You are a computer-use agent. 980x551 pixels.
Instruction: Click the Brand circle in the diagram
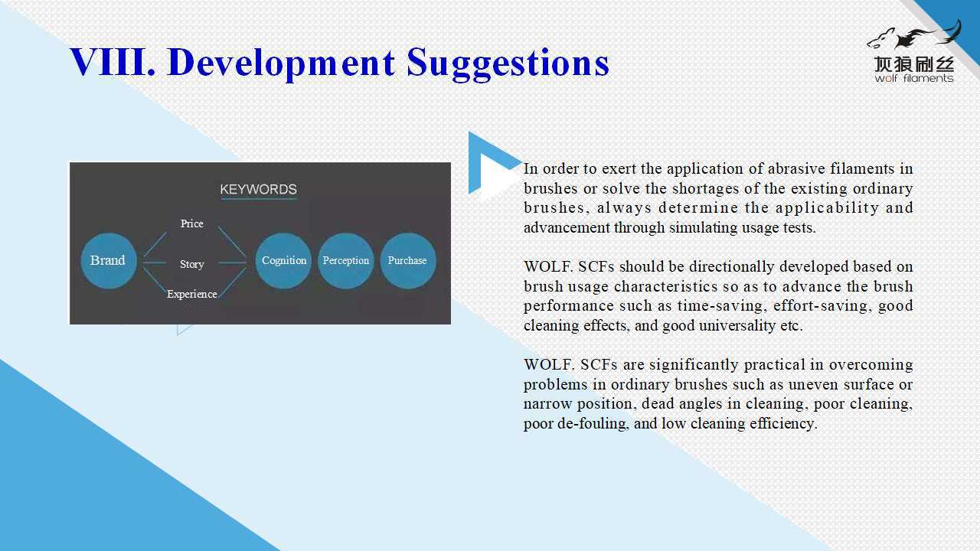click(109, 261)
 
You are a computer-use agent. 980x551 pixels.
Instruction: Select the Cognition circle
click(283, 261)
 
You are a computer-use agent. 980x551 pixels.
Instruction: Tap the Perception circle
click(345, 261)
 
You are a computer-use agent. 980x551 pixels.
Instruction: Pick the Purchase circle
click(408, 261)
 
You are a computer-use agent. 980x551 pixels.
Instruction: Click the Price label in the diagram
click(191, 223)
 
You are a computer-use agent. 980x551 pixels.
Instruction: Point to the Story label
click(192, 264)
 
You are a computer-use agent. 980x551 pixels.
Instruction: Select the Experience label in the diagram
click(192, 295)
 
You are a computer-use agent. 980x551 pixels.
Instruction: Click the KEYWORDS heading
click(258, 189)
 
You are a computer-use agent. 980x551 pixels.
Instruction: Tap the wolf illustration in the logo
click(913, 35)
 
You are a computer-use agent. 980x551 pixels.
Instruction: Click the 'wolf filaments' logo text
click(914, 78)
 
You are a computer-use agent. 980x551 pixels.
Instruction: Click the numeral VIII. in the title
click(113, 62)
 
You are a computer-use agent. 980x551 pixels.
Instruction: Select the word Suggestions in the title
click(508, 64)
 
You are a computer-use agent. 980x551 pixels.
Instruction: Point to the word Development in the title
click(281, 64)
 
